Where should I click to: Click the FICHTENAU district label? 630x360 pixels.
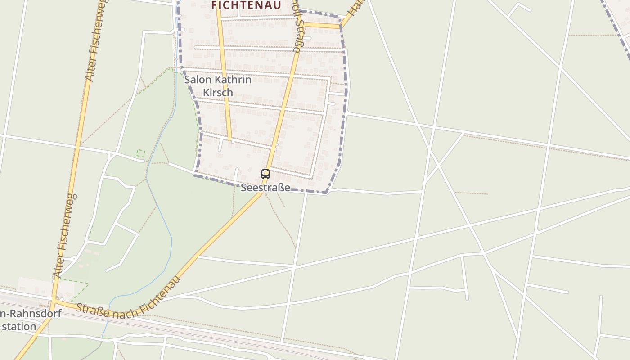point(246,5)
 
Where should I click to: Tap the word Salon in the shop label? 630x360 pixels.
point(198,80)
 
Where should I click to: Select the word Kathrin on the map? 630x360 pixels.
point(233,80)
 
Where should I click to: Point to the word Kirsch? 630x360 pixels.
point(218,92)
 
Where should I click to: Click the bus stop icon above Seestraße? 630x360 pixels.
point(265,174)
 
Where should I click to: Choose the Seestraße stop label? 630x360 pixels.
point(265,187)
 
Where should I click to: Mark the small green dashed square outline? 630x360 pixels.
point(141,153)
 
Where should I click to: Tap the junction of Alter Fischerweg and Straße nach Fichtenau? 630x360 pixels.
point(54,301)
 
